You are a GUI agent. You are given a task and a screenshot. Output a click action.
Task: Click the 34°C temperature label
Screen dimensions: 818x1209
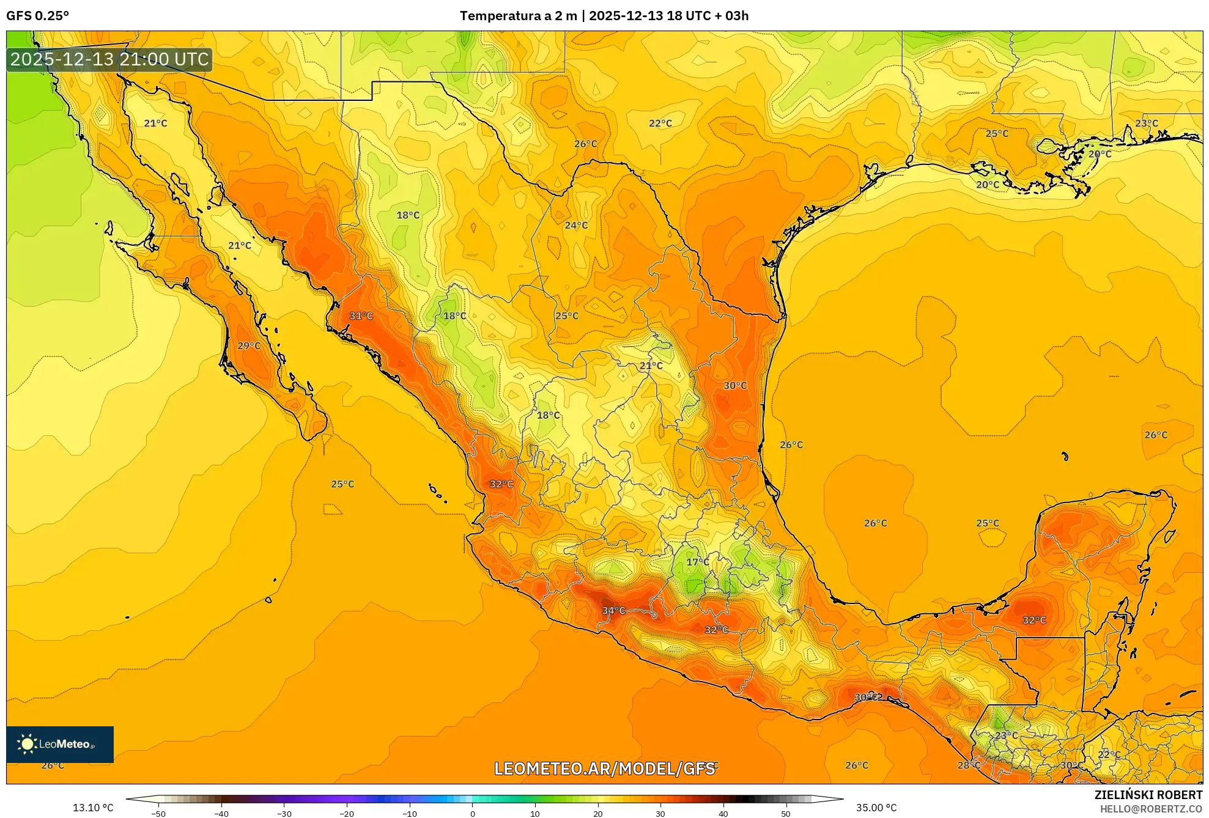click(613, 610)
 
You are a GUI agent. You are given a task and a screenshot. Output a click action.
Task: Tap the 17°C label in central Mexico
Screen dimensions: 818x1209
click(697, 562)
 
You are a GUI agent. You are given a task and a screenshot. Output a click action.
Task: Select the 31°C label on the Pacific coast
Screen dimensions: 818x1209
click(361, 315)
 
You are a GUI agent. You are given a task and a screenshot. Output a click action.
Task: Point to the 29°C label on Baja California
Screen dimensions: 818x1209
click(248, 345)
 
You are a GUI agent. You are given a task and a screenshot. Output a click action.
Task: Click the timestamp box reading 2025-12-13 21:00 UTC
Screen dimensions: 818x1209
click(109, 59)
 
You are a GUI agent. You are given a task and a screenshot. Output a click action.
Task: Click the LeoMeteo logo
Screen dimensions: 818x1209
click(60, 744)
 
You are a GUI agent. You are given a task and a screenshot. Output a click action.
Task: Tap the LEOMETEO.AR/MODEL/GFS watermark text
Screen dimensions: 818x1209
click(604, 768)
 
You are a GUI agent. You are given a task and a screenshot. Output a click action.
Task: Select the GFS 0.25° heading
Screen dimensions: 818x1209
click(37, 16)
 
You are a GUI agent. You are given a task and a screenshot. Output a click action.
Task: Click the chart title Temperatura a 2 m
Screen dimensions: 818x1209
click(518, 16)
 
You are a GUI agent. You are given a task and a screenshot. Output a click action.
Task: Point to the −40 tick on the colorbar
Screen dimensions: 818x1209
click(221, 813)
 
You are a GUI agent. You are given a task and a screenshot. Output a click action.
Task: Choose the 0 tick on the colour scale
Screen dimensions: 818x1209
click(472, 813)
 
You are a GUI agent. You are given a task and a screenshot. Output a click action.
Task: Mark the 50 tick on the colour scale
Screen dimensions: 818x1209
click(785, 813)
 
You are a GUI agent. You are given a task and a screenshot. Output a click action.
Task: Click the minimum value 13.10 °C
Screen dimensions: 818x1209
click(93, 808)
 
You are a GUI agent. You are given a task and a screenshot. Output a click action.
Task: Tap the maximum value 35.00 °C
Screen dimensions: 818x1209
click(876, 808)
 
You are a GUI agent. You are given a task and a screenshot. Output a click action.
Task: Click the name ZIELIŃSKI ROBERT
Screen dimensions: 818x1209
click(1148, 795)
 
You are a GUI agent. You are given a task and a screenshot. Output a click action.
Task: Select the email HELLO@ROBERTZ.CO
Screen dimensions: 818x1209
click(1151, 809)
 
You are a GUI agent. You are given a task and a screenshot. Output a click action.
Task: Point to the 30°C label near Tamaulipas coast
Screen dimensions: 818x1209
click(735, 385)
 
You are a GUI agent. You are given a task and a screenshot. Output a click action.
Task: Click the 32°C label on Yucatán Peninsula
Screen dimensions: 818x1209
click(1034, 620)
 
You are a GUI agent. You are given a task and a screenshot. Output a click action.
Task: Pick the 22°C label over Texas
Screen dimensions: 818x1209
click(660, 123)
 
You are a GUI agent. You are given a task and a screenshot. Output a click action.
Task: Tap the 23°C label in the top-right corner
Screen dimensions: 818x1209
click(1146, 123)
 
